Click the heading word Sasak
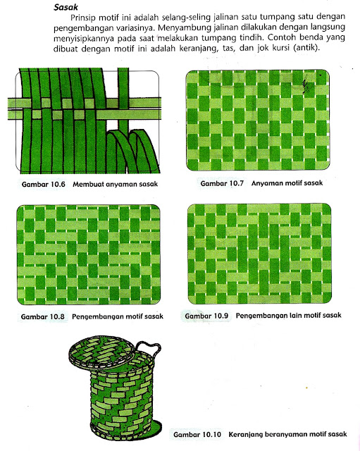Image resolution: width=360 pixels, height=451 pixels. [66, 7]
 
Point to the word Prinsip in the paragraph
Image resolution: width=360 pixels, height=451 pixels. [83, 18]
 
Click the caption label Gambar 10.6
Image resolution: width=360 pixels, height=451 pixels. [44, 184]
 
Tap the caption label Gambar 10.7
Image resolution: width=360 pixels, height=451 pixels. [222, 183]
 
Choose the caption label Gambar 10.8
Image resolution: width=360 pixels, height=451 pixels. [43, 316]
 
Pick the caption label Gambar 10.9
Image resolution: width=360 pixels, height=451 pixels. [206, 316]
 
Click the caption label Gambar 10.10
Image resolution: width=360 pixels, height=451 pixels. [197, 434]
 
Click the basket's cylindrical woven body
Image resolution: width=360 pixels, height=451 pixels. [121, 402]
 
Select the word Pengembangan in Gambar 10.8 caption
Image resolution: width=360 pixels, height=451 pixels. [94, 316]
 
